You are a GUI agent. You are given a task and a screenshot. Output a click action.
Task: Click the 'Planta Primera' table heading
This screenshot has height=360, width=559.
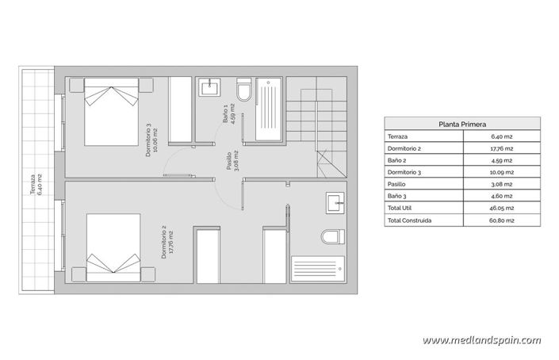coord(462,124)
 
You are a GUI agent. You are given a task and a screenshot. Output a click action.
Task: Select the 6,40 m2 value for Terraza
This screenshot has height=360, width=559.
coord(503,136)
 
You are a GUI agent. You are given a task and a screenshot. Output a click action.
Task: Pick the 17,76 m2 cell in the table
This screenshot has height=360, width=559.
coord(503,148)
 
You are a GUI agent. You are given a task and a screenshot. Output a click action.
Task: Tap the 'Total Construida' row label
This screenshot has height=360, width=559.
coord(410,220)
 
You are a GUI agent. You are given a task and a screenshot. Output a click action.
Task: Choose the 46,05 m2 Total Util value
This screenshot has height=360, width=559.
coord(503,208)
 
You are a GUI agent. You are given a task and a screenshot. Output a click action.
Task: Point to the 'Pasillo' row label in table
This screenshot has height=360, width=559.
coord(399,184)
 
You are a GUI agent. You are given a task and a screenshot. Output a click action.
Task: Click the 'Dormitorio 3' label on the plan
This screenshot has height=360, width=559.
coord(151,140)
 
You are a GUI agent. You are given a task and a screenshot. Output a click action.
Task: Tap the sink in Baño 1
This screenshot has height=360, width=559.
coord(212,85)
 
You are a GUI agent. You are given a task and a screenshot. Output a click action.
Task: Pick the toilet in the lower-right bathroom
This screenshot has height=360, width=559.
coord(331,236)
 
